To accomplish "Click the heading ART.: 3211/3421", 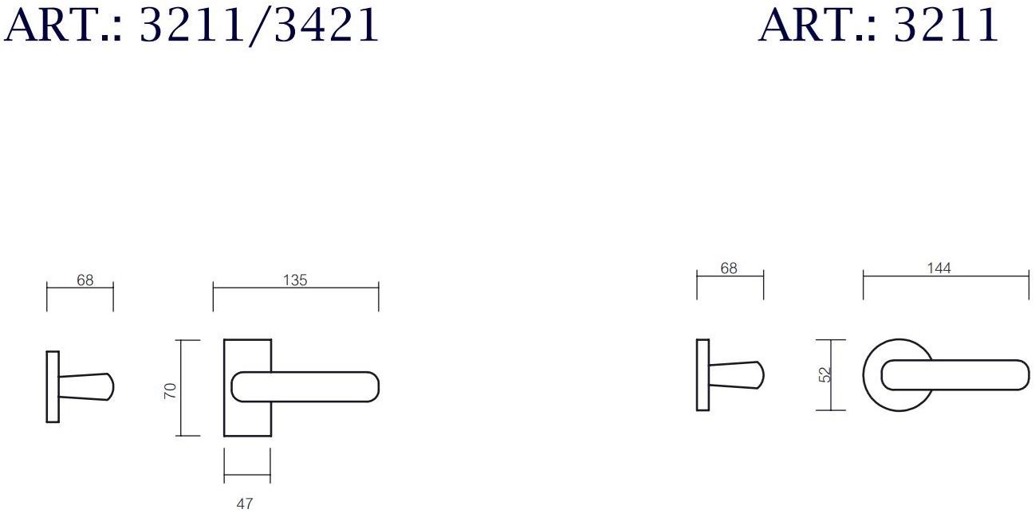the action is pyautogui.click(x=191, y=25).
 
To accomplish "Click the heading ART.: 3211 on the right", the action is pyautogui.click(x=879, y=25).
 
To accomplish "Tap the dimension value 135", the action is pyautogui.click(x=295, y=280).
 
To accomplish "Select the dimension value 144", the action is pyautogui.click(x=939, y=268).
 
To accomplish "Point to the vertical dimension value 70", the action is pyautogui.click(x=171, y=390).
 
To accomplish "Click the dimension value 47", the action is pyautogui.click(x=245, y=503).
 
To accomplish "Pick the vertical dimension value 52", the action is pyautogui.click(x=824, y=375).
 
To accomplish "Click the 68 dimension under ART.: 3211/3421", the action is pyautogui.click(x=85, y=280).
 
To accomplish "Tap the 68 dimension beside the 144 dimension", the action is pyautogui.click(x=729, y=268).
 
